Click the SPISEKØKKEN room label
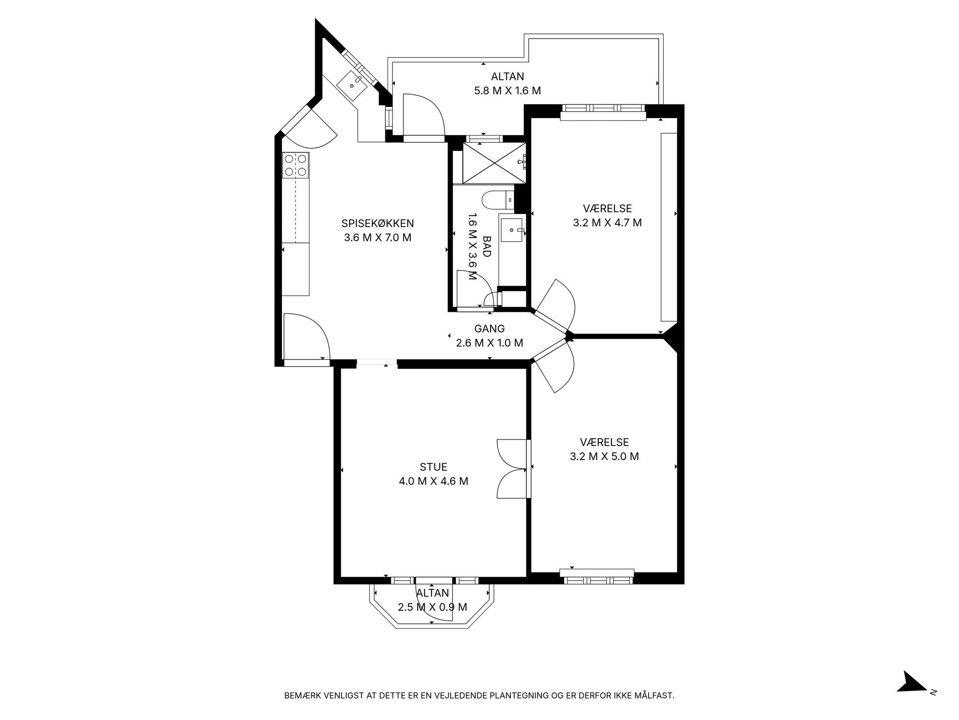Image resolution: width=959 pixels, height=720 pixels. point(378,224)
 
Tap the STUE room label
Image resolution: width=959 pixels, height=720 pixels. point(433,467)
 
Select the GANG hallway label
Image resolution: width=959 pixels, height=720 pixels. point(489,329)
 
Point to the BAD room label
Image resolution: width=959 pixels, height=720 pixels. point(487,246)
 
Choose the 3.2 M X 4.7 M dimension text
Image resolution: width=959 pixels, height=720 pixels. point(608,223)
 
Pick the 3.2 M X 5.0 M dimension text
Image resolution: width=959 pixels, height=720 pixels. point(604,457)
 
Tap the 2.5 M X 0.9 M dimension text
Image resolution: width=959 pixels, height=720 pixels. point(433,607)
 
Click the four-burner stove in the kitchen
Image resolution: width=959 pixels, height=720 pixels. point(296,165)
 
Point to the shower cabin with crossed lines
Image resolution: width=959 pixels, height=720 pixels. point(494,163)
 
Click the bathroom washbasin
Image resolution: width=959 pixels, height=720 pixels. point(511,230)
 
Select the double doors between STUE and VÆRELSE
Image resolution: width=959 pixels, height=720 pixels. point(512,469)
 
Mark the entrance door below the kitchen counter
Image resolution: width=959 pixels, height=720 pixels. point(306,338)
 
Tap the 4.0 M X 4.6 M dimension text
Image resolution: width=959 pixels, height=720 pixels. point(433,481)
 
